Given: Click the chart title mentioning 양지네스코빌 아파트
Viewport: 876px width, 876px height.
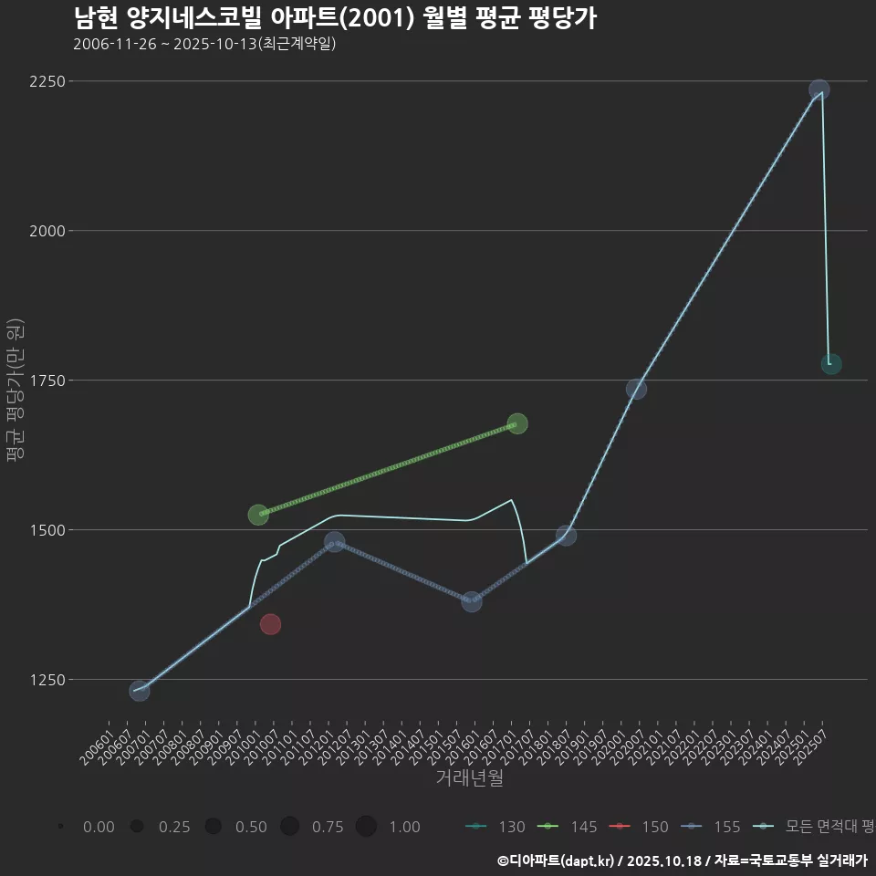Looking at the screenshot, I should tap(334, 18).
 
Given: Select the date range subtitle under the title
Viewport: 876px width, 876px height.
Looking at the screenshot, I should tap(204, 44).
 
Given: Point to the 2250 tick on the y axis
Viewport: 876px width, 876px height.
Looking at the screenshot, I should tap(47, 81).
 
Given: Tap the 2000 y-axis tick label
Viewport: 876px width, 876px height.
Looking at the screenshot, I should tap(47, 231).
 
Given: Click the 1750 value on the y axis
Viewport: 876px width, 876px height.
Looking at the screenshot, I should tap(47, 381).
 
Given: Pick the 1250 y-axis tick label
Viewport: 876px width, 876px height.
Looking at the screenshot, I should tap(47, 680).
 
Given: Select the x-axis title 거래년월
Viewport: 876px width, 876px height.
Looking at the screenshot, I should tap(469, 778).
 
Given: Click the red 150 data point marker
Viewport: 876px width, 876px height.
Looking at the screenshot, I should tap(270, 624).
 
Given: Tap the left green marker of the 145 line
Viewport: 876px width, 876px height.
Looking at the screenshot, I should tap(258, 515).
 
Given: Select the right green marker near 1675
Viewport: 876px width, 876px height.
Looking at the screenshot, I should tap(517, 423).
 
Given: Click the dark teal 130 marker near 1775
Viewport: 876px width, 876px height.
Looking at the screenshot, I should tap(831, 364).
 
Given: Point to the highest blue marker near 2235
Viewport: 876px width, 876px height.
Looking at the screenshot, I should tap(819, 89).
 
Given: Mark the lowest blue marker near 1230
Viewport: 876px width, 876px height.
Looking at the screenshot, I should tap(139, 691).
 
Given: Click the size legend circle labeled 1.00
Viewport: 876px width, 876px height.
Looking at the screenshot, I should tap(367, 827).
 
